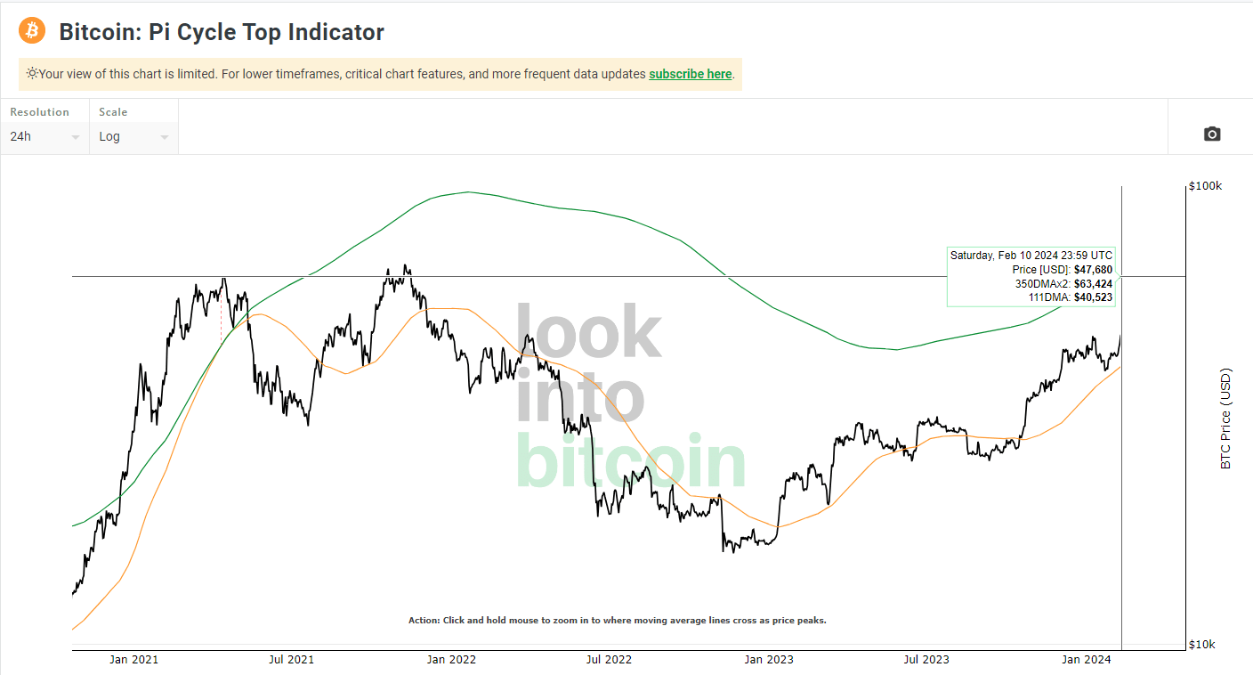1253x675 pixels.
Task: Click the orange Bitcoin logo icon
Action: point(32,31)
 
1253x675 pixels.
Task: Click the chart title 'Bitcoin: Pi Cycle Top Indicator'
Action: point(222,32)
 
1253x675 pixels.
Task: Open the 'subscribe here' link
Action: point(690,74)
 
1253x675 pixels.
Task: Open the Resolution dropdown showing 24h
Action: point(44,136)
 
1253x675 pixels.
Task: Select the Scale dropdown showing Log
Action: point(133,136)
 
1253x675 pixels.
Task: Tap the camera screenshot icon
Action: point(1212,134)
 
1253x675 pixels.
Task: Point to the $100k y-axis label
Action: point(1206,186)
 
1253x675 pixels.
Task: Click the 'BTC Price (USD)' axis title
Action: point(1225,419)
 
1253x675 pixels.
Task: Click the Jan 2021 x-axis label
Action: point(133,660)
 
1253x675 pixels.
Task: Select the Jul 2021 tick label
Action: point(291,660)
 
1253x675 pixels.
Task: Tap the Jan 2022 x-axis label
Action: point(451,660)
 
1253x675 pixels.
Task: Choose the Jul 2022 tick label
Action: point(609,660)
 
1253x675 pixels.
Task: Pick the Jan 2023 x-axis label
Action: point(769,660)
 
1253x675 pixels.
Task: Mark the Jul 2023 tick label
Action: point(926,660)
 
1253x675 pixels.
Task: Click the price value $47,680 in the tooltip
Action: point(1093,269)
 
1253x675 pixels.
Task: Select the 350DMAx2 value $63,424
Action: point(1093,283)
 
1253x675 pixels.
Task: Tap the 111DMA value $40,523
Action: point(1093,297)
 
